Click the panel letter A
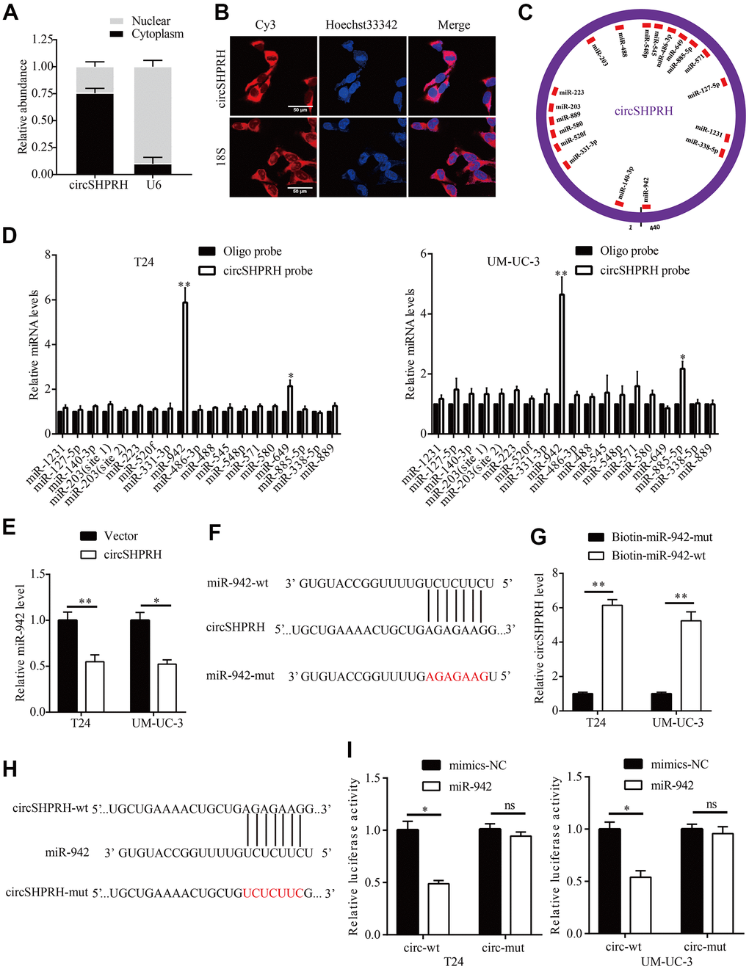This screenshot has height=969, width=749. point(11,13)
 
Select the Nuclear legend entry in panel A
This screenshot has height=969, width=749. point(151,21)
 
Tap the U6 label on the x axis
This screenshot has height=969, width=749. point(153,185)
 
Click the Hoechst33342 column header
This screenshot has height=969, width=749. point(361,25)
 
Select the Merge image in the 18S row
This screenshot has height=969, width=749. point(452,158)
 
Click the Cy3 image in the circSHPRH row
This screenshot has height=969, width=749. point(273,76)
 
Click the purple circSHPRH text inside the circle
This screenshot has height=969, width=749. point(643,112)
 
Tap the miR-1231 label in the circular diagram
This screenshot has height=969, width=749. point(709,131)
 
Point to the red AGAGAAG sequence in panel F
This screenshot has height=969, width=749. point(457,676)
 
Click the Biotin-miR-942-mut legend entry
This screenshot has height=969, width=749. point(662,537)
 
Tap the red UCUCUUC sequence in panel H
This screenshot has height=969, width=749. point(272,893)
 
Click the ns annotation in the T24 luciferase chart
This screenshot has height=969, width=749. point(510,806)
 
